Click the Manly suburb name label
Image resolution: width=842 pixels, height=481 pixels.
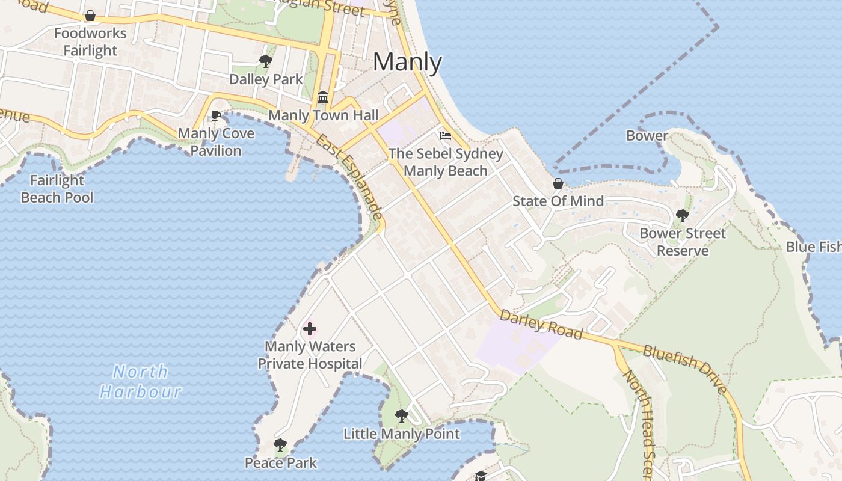pyautogui.click(x=408, y=63)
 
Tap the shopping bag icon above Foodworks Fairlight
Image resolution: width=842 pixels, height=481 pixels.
pyautogui.click(x=90, y=16)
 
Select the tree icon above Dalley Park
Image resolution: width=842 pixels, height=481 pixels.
pyautogui.click(x=265, y=61)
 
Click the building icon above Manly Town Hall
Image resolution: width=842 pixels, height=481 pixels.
pyautogui.click(x=323, y=97)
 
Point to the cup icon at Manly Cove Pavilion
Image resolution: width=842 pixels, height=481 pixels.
pyautogui.click(x=216, y=116)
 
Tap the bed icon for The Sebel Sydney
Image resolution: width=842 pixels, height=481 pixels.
pyautogui.click(x=446, y=136)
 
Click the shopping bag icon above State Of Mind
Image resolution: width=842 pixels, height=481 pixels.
pyautogui.click(x=558, y=183)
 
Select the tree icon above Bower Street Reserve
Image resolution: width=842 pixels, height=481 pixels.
pyautogui.click(x=683, y=215)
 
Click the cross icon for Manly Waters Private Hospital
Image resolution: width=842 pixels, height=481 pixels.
pyautogui.click(x=310, y=329)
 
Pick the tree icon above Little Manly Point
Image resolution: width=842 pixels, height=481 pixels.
pyautogui.click(x=401, y=416)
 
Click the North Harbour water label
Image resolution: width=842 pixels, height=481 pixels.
pyautogui.click(x=141, y=382)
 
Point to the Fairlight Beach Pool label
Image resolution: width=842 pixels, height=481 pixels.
pyautogui.click(x=57, y=188)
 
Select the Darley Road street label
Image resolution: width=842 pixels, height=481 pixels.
pyautogui.click(x=541, y=324)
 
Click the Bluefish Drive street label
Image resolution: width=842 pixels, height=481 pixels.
pyautogui.click(x=685, y=369)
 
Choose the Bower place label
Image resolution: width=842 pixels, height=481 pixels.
pyautogui.click(x=647, y=135)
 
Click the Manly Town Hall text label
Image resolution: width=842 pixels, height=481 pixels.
pyautogui.click(x=324, y=115)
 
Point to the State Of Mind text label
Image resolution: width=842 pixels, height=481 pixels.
pyautogui.click(x=558, y=201)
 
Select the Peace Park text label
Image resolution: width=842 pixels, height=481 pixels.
pyautogui.click(x=280, y=462)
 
